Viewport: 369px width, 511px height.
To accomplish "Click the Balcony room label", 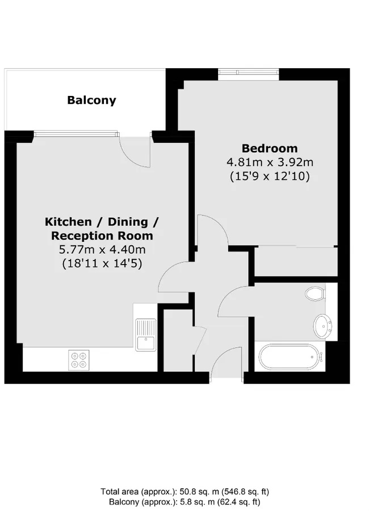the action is [91, 100].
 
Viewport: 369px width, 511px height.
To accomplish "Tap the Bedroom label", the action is [270, 148].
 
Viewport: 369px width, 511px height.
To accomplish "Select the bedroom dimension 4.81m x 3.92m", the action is [270, 162].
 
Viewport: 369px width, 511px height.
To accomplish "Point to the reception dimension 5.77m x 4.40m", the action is [102, 250].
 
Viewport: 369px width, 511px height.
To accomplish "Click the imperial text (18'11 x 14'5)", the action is [102, 263].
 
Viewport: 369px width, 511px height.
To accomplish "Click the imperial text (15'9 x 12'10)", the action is [270, 177].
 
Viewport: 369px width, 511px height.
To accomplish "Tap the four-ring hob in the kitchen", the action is [79, 360].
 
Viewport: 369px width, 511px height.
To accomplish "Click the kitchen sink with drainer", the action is [146, 334].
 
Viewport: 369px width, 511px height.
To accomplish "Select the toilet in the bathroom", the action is [315, 294].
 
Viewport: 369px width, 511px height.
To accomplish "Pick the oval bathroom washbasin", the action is [322, 326].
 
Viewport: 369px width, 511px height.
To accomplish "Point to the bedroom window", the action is [249, 74].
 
